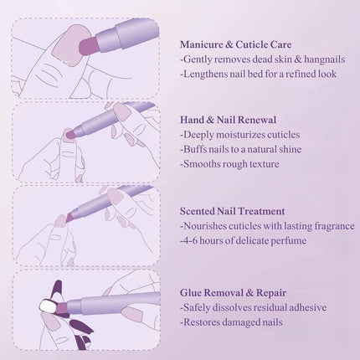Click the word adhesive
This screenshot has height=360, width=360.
click(311, 307)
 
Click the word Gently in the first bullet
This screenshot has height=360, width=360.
click(199, 59)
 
